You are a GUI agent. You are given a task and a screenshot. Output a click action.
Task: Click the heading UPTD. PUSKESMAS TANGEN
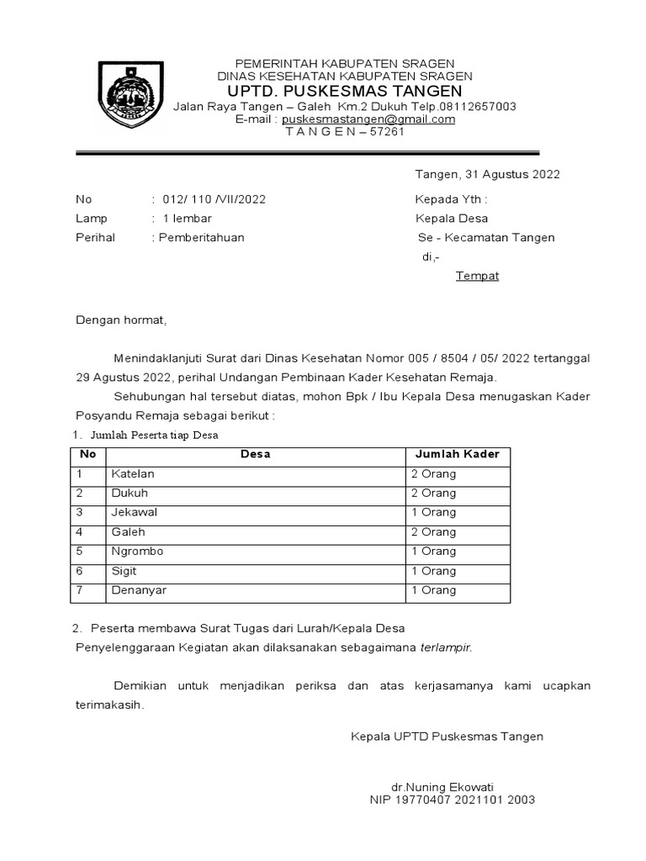tap(345, 91)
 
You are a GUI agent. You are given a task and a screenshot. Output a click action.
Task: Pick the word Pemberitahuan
tap(200, 237)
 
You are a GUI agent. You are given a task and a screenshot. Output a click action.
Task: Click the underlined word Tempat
tap(477, 276)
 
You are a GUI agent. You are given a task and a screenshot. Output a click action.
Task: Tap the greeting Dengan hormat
tap(122, 320)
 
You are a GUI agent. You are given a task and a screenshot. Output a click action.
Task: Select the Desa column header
tap(255, 454)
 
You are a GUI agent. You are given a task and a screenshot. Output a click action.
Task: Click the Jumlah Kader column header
tap(457, 454)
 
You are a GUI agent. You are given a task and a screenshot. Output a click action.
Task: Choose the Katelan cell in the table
tap(133, 474)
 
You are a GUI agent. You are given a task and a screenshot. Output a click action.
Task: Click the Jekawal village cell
tap(135, 512)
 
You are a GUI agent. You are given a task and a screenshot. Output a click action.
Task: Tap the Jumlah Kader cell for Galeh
tap(433, 532)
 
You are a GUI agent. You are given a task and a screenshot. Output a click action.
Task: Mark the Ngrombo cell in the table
tap(137, 552)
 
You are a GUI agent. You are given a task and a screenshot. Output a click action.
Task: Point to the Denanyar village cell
tap(139, 590)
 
